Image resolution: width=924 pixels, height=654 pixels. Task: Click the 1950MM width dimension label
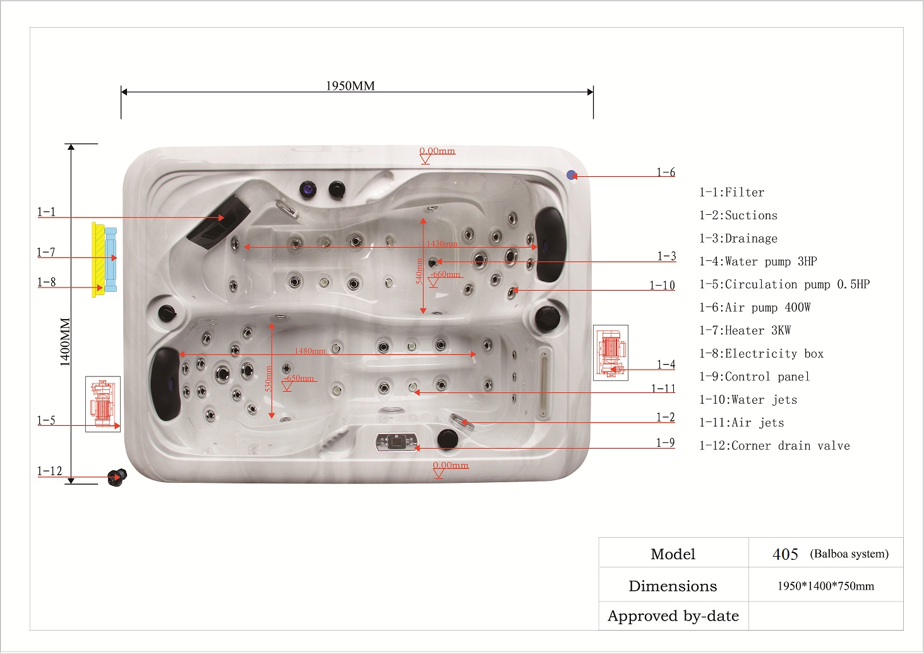351,86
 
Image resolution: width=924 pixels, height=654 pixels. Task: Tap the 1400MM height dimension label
65,342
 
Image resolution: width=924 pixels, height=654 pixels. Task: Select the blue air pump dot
572,175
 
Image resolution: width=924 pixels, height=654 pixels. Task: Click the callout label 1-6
666,172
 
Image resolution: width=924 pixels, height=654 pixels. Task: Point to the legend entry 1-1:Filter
732,192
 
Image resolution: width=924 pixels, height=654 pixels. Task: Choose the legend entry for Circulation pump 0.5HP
784,284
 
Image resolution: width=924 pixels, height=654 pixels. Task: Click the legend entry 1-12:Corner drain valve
775,445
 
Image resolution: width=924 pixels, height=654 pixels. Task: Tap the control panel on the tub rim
397,442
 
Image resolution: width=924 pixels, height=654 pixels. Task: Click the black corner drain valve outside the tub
117,478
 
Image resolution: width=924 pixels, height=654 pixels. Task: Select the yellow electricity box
98,260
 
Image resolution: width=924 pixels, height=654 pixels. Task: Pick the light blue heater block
111,260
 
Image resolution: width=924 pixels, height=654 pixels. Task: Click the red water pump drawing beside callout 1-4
611,353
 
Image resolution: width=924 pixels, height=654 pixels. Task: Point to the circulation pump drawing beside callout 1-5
103,404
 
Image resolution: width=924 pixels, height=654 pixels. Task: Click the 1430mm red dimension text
441,243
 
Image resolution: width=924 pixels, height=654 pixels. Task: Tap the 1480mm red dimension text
309,351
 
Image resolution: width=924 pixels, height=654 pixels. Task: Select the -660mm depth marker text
445,274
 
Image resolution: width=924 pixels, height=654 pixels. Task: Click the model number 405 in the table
785,554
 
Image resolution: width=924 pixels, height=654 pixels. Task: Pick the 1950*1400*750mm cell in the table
826,586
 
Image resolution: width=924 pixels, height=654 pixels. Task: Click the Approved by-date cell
673,616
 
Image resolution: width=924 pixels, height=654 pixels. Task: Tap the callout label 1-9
665,443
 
